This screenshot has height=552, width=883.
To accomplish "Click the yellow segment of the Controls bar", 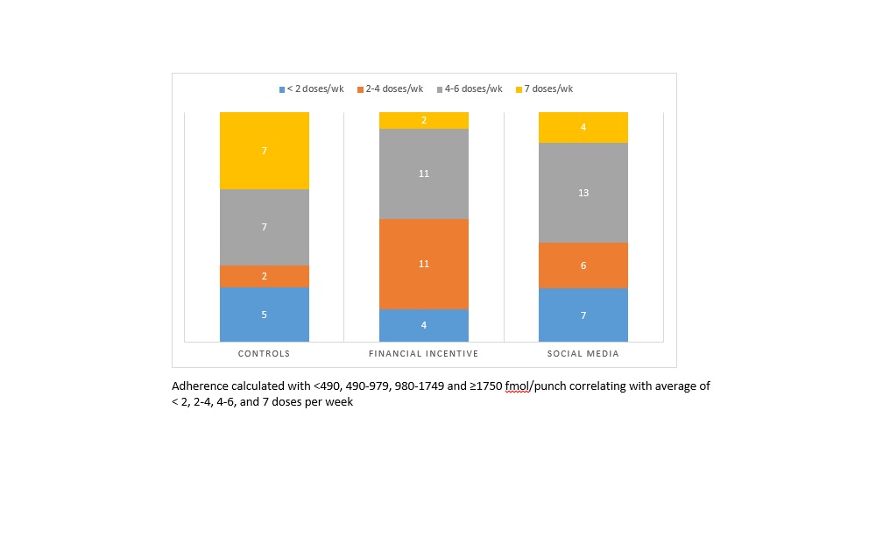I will coord(265,151).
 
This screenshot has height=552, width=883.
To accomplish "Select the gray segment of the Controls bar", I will coord(265,227).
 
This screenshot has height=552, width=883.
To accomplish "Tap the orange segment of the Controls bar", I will coord(265,276).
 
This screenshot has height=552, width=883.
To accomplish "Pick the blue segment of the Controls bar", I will coord(265,315).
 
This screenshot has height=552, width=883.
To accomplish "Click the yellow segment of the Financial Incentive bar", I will coord(424,120).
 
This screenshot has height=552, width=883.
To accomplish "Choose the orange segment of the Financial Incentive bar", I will coord(424,264).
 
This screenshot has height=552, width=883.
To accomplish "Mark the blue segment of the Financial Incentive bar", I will coord(424,325).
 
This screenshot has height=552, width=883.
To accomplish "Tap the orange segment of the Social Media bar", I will coord(583,265).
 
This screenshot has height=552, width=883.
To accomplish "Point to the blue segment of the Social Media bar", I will coord(583,315).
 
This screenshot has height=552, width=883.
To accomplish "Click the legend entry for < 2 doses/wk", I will coord(313,88).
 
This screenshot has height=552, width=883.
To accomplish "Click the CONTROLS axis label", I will coord(265,354).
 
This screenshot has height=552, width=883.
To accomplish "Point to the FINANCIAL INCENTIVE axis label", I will coord(424,354).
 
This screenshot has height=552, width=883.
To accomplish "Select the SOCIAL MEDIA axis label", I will coord(583,354).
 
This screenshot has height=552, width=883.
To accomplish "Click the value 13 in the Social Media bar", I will coord(583,193).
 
